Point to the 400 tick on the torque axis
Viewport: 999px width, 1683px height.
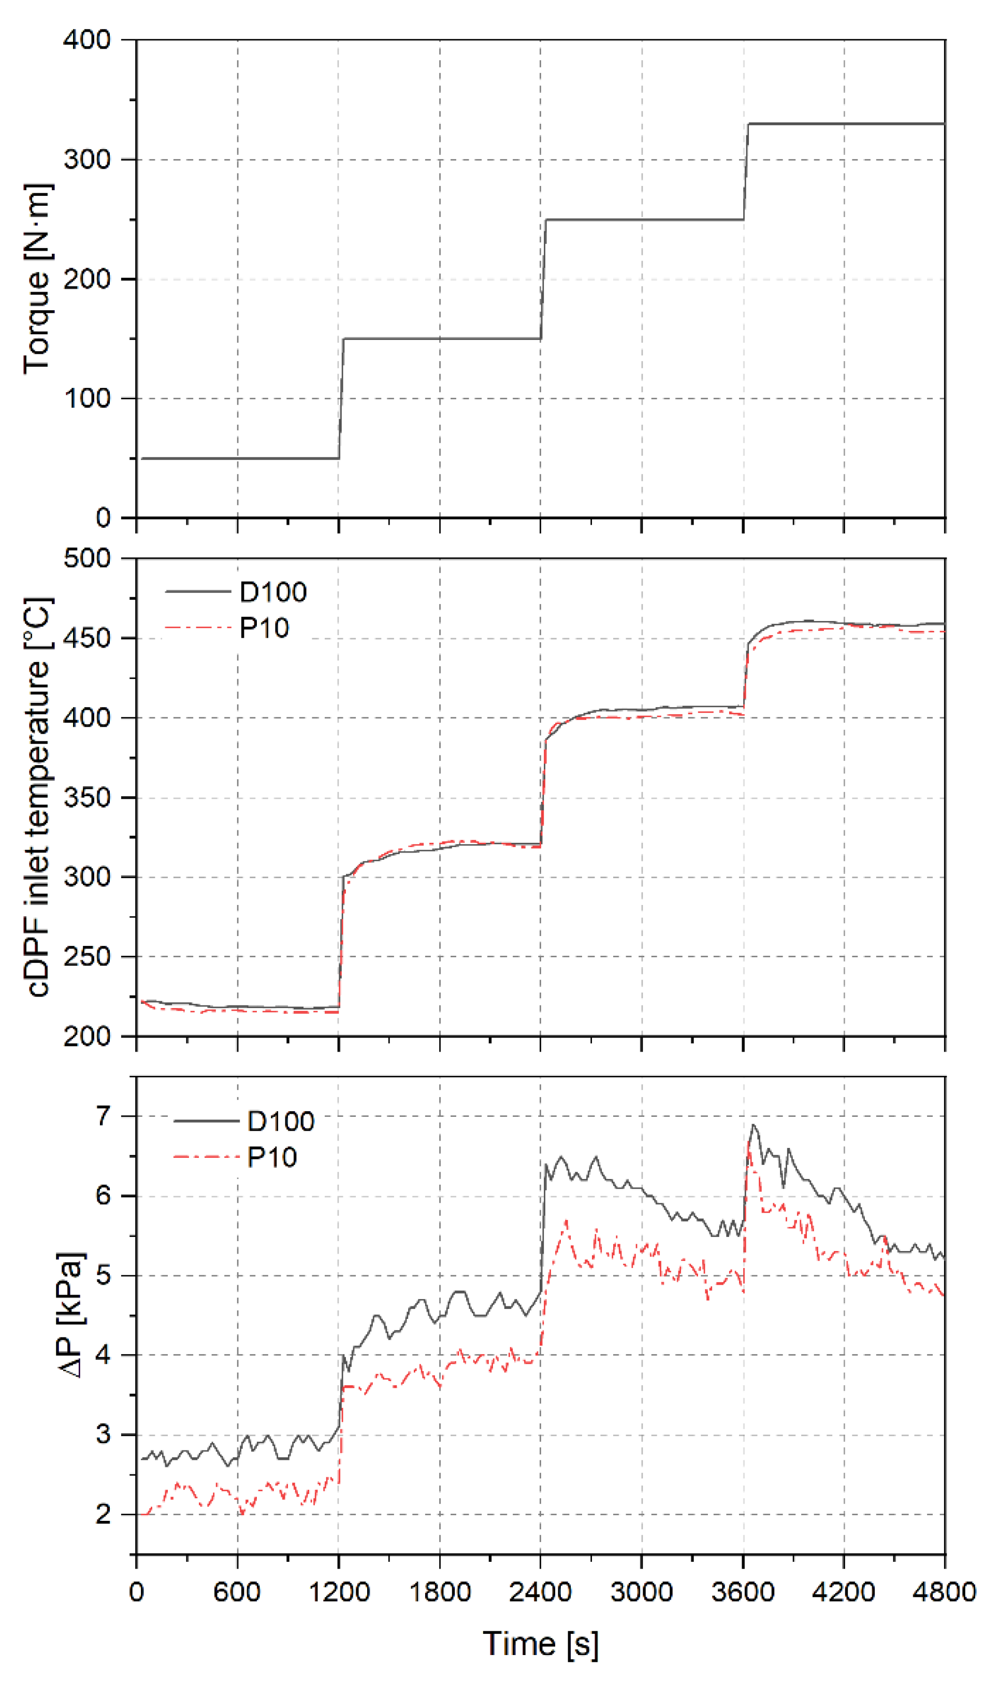[87, 40]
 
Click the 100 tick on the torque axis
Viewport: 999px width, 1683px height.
[87, 398]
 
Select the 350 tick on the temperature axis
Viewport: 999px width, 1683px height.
[87, 798]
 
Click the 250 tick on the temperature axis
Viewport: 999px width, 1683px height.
[87, 957]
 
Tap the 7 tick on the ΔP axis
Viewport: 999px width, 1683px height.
[103, 1117]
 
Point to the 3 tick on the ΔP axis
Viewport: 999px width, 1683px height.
[103, 1434]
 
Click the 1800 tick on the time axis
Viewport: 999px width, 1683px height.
[440, 1592]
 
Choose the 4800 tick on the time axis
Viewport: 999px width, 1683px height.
[945, 1592]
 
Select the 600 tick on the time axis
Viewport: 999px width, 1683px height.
[237, 1592]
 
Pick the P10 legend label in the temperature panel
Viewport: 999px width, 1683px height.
[265, 628]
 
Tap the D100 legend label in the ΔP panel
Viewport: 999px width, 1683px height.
[281, 1121]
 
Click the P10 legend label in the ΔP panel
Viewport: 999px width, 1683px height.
[272, 1158]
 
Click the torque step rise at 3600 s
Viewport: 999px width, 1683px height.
[746, 171]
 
